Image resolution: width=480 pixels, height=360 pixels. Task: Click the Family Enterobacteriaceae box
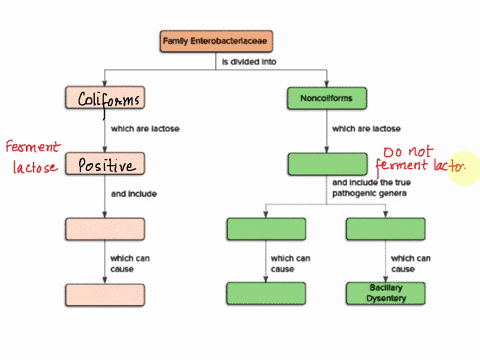[x=218, y=41]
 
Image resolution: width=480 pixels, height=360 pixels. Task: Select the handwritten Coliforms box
[x=105, y=98]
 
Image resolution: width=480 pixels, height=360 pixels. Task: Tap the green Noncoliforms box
[x=327, y=98]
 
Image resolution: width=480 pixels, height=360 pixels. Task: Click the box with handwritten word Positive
[x=105, y=164]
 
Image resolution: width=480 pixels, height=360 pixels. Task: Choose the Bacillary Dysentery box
[x=385, y=292]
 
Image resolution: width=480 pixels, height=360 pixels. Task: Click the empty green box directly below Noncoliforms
[x=327, y=164]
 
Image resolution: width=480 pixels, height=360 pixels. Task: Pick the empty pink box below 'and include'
[x=105, y=229]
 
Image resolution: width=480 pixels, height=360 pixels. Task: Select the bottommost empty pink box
[x=105, y=294]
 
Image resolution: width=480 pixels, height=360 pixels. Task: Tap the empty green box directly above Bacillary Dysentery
[x=385, y=229]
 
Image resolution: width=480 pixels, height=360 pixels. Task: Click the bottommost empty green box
[x=266, y=293]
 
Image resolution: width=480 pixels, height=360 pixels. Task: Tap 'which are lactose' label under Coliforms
[x=145, y=128]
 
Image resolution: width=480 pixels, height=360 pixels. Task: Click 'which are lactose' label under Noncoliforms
[x=366, y=128]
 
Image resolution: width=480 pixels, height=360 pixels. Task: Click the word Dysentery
[x=385, y=298]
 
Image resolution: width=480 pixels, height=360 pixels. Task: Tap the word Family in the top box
[x=184, y=41]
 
